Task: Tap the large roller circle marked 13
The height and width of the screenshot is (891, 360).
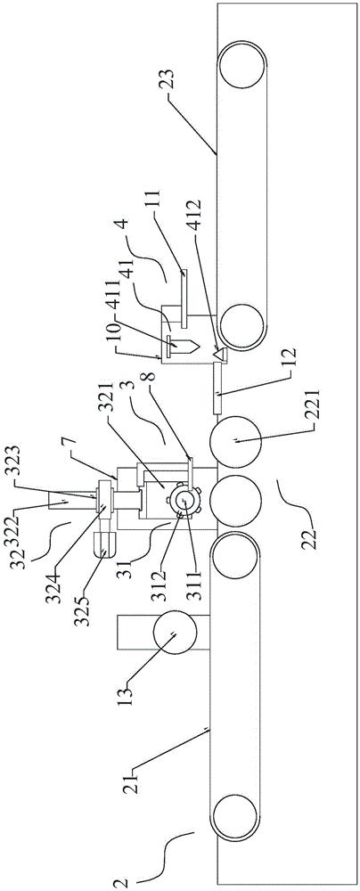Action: (174, 633)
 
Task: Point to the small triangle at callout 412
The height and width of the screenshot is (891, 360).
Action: (217, 353)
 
